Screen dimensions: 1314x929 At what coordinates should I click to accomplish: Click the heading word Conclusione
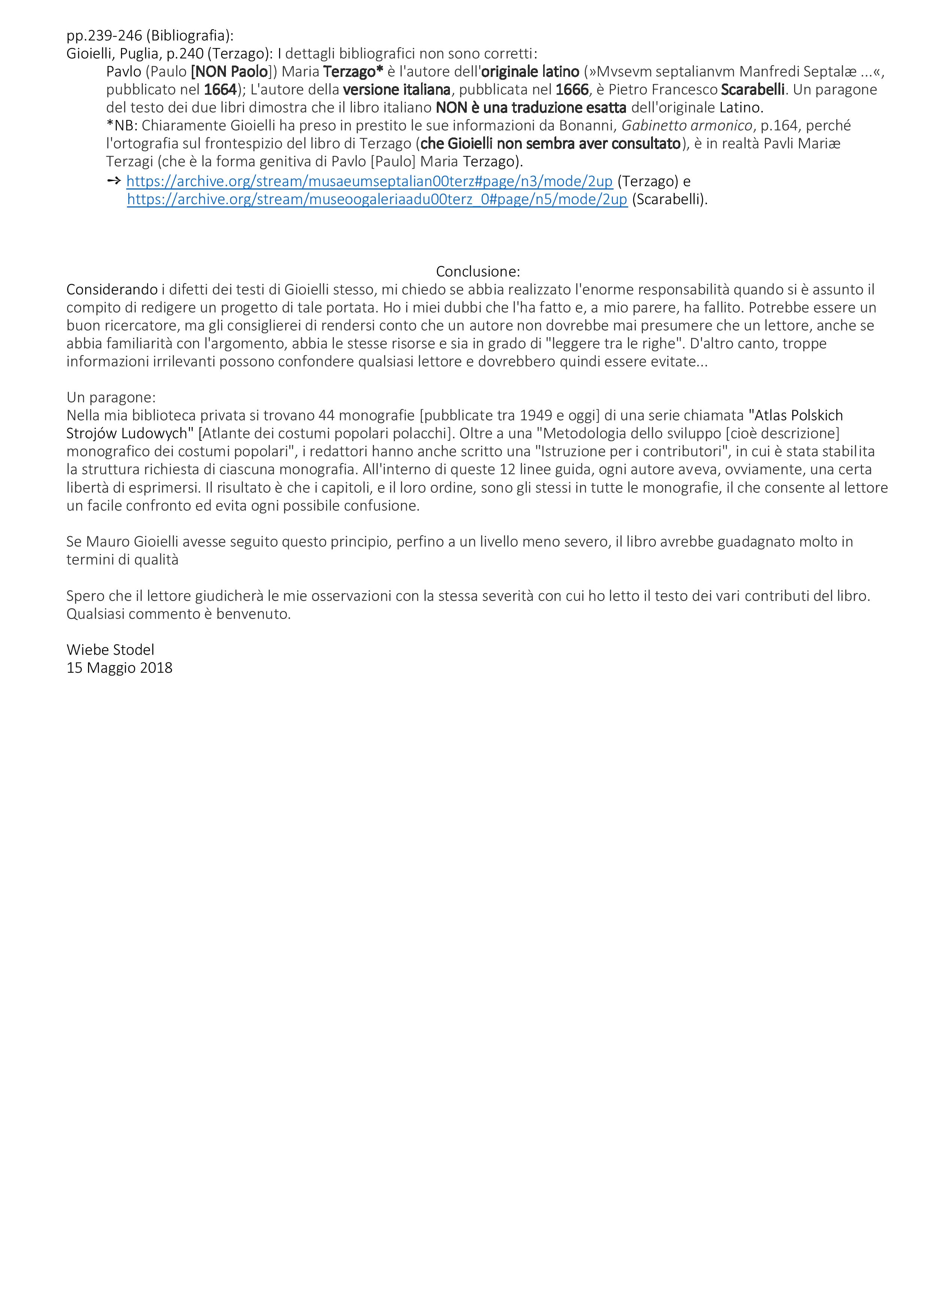click(x=477, y=271)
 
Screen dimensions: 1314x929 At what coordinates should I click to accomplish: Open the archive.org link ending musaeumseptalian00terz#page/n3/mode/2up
click(x=369, y=181)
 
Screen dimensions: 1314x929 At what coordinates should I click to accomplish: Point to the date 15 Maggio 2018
click(x=119, y=668)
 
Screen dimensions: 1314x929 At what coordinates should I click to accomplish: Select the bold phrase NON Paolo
click(x=232, y=72)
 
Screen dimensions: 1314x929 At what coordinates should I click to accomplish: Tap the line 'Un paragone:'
click(x=111, y=397)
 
